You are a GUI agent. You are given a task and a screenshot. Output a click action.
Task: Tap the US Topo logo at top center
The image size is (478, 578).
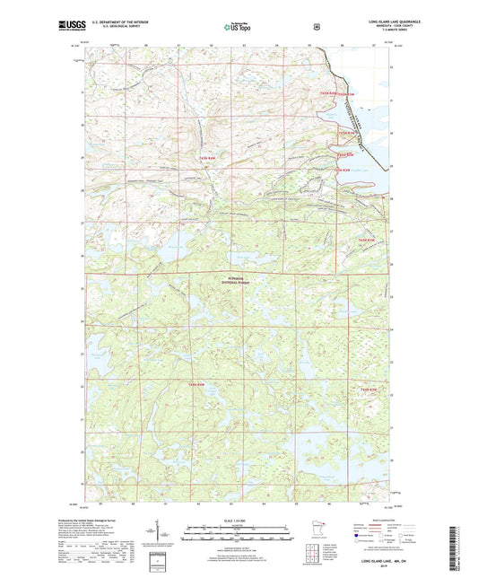238,28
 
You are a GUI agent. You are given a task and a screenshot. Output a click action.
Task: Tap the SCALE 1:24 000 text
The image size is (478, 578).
239,521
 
